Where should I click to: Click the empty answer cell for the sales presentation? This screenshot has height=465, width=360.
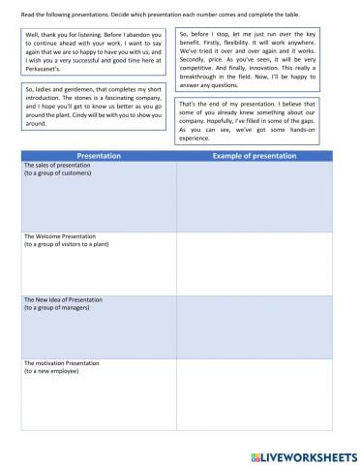(255, 197)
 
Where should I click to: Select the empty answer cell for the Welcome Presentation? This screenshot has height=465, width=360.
(255, 262)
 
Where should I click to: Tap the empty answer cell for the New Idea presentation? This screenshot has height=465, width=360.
(255, 326)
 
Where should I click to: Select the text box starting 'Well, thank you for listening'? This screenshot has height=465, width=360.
(95, 52)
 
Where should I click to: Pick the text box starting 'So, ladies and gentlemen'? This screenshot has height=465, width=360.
(95, 106)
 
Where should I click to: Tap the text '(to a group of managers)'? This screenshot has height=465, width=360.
(57, 308)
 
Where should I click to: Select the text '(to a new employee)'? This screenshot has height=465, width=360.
(49, 372)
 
